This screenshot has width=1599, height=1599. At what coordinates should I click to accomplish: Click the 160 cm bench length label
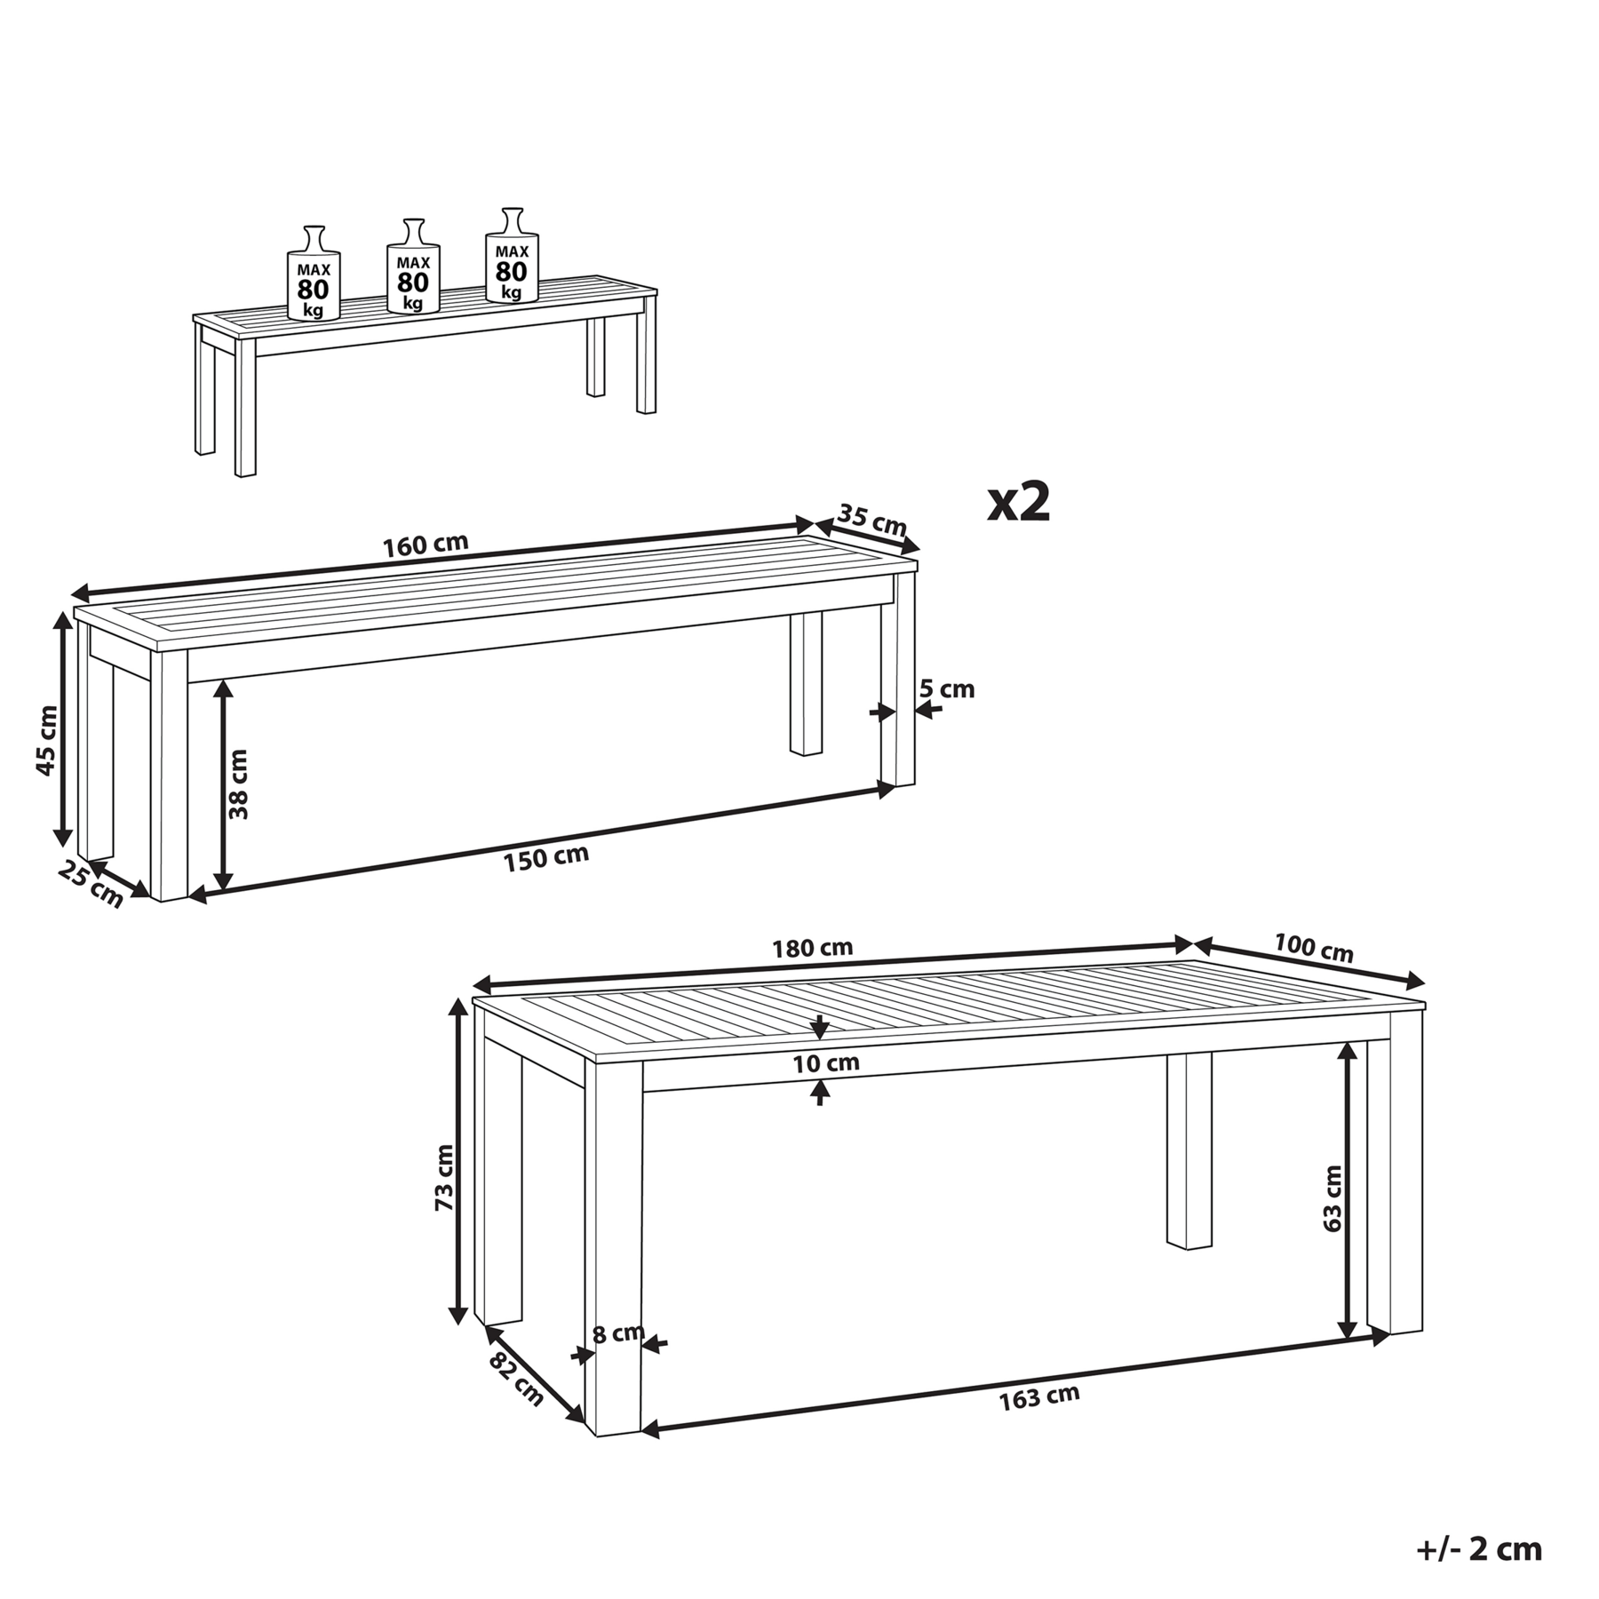(x=426, y=545)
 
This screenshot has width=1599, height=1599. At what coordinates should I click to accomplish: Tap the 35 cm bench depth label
(x=872, y=521)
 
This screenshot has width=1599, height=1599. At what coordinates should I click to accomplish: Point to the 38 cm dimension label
(x=237, y=784)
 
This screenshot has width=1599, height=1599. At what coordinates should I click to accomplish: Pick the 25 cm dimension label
(x=91, y=885)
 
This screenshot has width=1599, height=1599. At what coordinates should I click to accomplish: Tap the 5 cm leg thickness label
(x=947, y=688)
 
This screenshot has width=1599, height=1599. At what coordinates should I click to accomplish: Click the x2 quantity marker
(x=1019, y=503)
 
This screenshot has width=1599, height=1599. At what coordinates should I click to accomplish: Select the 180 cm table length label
(x=812, y=948)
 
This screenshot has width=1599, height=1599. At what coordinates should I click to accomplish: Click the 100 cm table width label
(x=1314, y=948)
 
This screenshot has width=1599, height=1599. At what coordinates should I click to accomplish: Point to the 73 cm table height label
(x=444, y=1177)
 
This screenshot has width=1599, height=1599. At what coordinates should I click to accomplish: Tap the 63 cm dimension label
(x=1332, y=1198)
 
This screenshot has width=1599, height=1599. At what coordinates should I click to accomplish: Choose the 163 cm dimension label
(x=1039, y=1397)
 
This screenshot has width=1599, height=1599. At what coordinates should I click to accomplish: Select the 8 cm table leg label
(x=618, y=1333)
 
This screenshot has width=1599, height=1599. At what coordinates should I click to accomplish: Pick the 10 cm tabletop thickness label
(x=826, y=1062)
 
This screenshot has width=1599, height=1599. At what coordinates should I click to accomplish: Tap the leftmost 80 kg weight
(x=314, y=273)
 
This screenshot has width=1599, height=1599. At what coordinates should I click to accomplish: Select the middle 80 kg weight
(x=413, y=266)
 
